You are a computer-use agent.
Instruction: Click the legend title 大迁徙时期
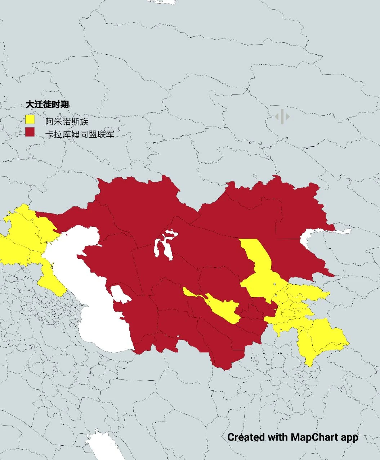tap(47, 105)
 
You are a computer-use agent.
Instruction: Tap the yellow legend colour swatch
tap(30, 119)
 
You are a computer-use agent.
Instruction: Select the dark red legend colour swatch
tap(30, 132)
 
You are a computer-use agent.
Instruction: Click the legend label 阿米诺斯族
tap(67, 121)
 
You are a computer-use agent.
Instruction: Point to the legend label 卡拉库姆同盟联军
tap(80, 134)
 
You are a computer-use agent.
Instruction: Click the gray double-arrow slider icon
tap(282, 116)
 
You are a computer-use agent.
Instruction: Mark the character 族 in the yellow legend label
tap(84, 121)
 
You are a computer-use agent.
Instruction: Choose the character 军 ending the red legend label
tap(110, 134)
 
